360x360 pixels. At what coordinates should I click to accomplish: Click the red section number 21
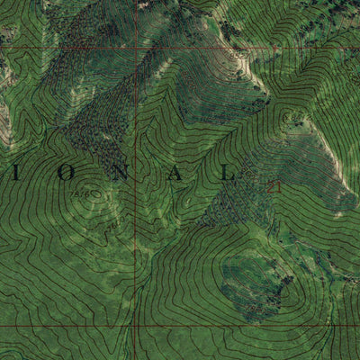(274, 186)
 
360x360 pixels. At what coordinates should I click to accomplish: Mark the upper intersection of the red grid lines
(136, 47)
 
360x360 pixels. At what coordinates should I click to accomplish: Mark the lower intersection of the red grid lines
(136, 325)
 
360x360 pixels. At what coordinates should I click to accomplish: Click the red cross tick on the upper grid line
(238, 47)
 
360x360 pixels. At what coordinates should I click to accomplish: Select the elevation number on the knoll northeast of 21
(292, 117)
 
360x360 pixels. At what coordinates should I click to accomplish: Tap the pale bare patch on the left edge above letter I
(4, 126)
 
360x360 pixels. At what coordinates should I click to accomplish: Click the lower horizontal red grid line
(225, 325)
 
